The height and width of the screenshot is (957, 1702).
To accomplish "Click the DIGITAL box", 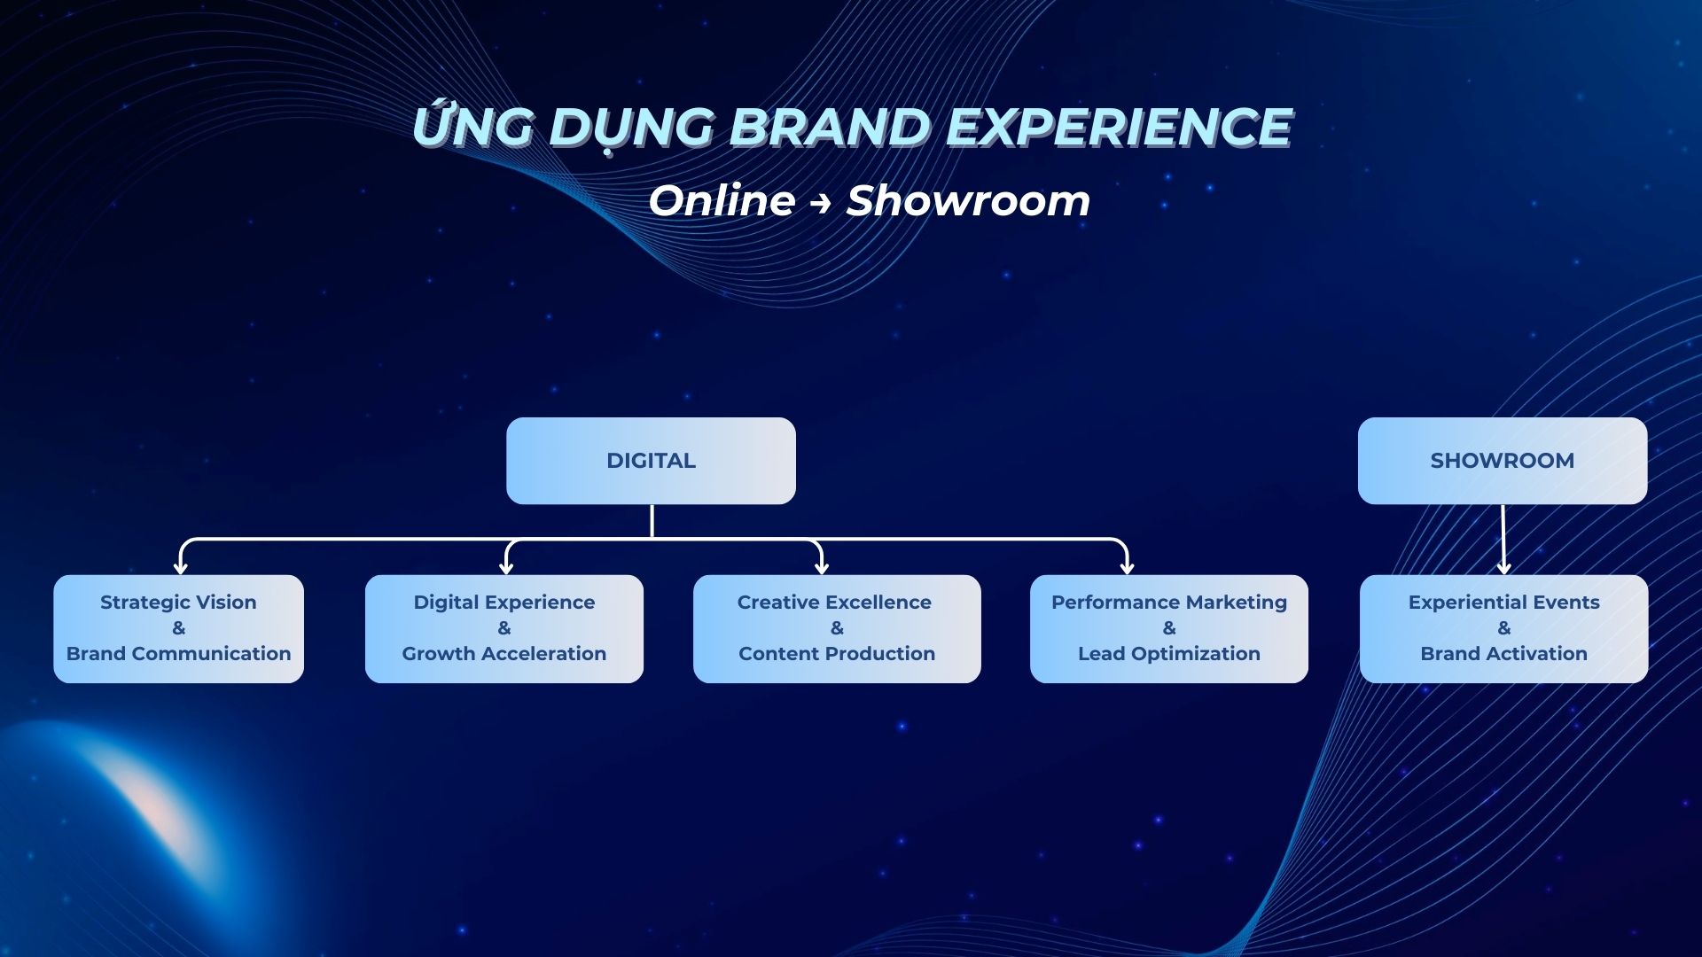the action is point(651,461).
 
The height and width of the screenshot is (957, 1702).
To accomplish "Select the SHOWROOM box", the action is point(1503,461).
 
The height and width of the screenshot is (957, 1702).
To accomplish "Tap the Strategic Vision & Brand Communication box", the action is point(178,629).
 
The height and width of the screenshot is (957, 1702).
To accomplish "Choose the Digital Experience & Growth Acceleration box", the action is point(504,629).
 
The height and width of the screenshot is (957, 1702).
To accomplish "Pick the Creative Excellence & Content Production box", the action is point(837,629).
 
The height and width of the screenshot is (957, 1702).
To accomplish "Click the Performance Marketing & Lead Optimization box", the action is point(1169,629).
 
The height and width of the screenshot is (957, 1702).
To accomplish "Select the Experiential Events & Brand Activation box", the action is point(1504,629).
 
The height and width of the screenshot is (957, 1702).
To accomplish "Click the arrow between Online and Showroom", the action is point(820,203).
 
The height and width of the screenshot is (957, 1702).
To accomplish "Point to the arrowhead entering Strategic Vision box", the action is point(181,568).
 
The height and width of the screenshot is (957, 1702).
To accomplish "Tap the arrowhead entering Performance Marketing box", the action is point(1127,568).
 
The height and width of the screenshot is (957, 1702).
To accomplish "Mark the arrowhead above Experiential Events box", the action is point(1503,568).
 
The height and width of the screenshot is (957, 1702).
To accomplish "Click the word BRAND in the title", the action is point(830,127).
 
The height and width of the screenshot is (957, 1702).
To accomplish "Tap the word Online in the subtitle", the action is point(722,200).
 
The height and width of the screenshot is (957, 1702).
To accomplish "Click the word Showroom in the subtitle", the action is point(968,200).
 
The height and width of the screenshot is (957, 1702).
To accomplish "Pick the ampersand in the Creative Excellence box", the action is point(837,628).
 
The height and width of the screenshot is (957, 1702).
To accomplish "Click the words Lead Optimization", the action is point(1169,654).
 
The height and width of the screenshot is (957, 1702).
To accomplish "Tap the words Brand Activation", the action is point(1504,654).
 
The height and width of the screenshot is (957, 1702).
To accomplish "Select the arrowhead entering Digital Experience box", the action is point(506,568).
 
